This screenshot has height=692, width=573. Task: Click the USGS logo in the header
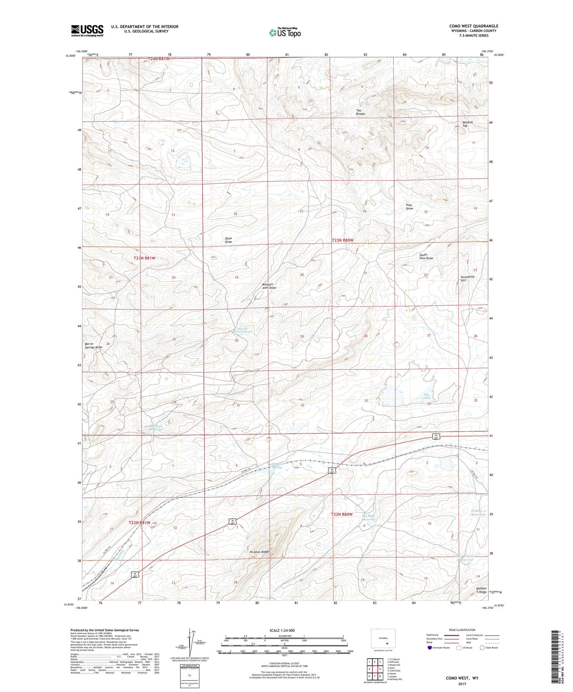(87, 31)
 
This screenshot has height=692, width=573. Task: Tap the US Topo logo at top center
(284, 32)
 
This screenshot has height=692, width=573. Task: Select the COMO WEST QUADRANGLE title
(473, 26)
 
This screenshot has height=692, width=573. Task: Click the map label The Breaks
(360, 112)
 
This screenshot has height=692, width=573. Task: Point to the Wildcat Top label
(468, 124)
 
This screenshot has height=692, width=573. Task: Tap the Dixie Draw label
(228, 240)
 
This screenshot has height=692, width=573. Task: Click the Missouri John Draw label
(269, 286)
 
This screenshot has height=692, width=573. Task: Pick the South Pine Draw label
(426, 256)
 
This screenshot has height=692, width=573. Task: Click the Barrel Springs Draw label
(94, 346)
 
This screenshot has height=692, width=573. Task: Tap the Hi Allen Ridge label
(259, 552)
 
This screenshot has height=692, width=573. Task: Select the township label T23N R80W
(342, 240)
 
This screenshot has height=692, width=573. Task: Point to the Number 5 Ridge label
(481, 590)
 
